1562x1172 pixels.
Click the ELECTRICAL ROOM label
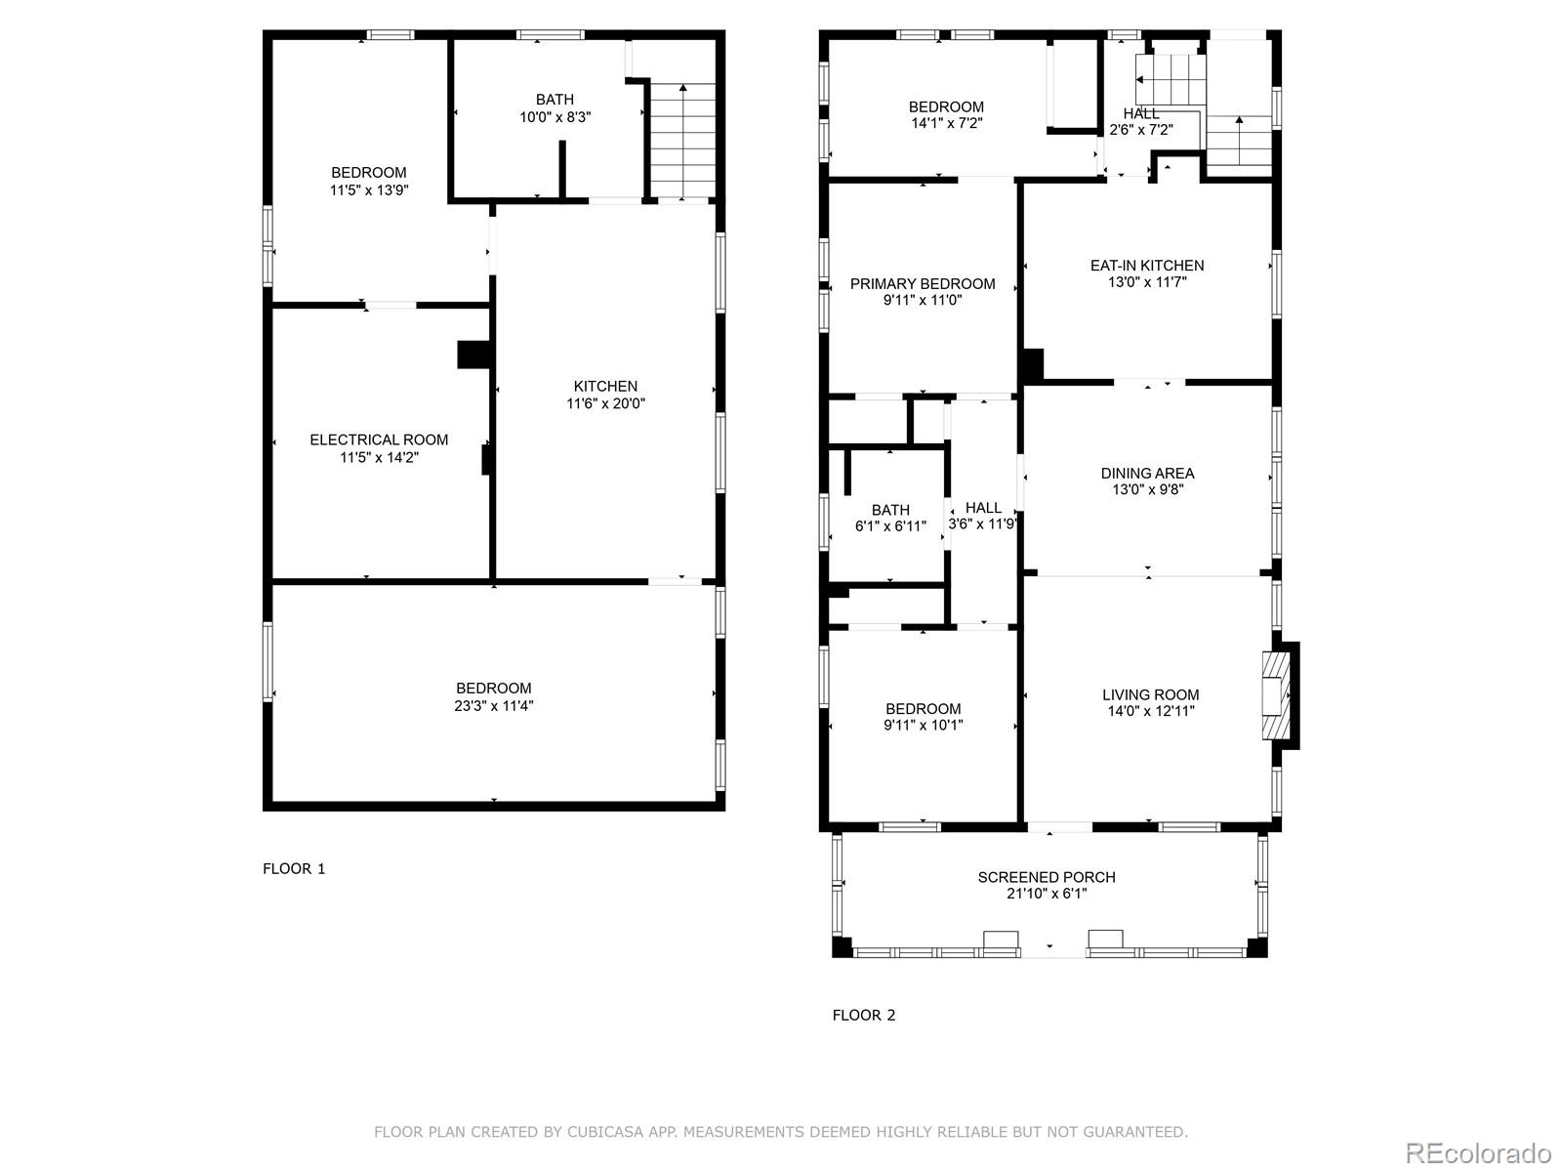pyautogui.click(x=379, y=439)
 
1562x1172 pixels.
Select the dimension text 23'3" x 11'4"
pyautogui.click(x=493, y=705)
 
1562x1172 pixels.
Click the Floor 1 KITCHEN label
pyautogui.click(x=605, y=386)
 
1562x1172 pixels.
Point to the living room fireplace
pyautogui.click(x=1277, y=695)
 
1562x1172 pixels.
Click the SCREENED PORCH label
pyautogui.click(x=1047, y=877)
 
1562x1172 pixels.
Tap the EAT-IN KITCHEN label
pyautogui.click(x=1147, y=265)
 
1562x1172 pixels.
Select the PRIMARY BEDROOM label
pyautogui.click(x=923, y=283)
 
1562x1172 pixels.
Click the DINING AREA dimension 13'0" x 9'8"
pyautogui.click(x=1147, y=490)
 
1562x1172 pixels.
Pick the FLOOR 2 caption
pyautogui.click(x=863, y=1015)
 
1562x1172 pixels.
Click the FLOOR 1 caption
pyautogui.click(x=294, y=868)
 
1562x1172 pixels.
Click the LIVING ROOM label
pyautogui.click(x=1151, y=694)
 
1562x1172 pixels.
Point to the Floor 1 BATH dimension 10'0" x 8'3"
pyautogui.click(x=555, y=116)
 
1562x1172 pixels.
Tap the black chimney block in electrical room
pyautogui.click(x=473, y=354)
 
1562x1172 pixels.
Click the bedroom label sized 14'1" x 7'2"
pyautogui.click(x=946, y=106)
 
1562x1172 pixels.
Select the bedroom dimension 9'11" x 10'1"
pyautogui.click(x=924, y=725)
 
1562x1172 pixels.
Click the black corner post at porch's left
pyautogui.click(x=842, y=946)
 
